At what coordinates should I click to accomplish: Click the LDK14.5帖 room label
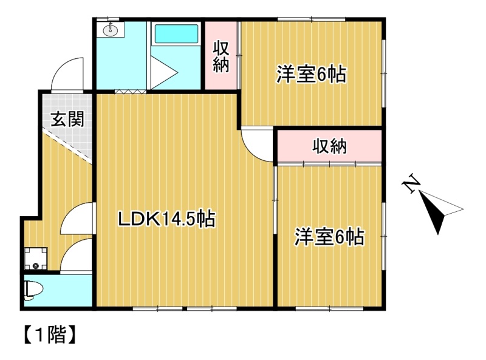coord(166,219)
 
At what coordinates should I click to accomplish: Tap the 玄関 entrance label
coord(67,118)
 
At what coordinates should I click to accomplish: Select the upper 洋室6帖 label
coord(311,74)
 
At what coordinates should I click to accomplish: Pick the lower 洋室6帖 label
coord(329,237)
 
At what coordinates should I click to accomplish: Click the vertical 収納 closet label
coord(221,56)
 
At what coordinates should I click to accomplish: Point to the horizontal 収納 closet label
coord(329,146)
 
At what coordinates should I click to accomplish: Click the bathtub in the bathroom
coord(176,34)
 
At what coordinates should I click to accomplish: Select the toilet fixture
coord(33,290)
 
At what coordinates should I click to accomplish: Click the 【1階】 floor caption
coord(50,335)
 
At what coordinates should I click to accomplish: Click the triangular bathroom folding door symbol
coord(164,73)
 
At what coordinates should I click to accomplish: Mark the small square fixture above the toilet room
coord(36,259)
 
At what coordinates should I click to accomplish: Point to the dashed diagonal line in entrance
coord(67,146)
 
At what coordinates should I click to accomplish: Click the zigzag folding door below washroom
coord(131,92)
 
